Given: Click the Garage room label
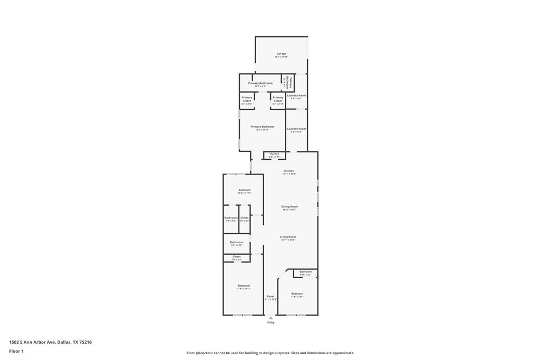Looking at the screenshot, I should point(281,53).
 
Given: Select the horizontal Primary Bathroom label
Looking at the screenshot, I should point(260,83).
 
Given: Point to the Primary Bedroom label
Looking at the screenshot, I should point(262,127).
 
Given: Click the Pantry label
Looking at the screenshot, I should point(274,154).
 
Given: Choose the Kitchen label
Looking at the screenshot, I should point(289,171).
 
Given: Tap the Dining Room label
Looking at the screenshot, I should point(289,206).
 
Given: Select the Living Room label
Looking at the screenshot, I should point(288,237).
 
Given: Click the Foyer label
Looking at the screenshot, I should point(270,296).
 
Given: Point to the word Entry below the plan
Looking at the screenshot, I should point(270,323).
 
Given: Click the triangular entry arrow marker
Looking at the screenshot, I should point(270,318).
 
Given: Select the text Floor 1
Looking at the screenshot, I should point(16,351).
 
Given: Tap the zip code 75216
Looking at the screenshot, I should point(86,342).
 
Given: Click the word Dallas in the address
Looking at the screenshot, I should point(64,342).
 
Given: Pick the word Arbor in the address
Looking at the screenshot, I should point(40,342).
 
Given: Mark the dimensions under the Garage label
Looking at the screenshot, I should point(281,56).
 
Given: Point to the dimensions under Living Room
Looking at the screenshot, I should point(288,240).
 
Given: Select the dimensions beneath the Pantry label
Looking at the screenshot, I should point(274,157).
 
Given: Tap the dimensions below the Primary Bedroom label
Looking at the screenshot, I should point(262,130).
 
